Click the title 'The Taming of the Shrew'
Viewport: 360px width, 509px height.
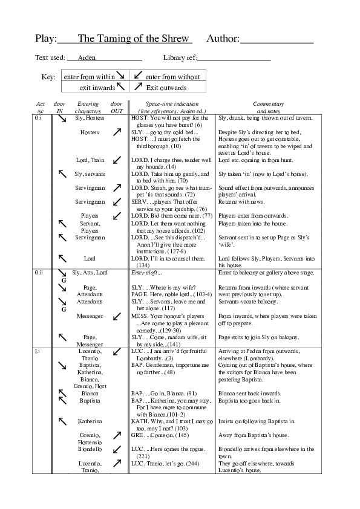point(134,39)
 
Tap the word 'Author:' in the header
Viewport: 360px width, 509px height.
point(223,39)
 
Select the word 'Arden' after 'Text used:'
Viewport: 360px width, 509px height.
point(87,58)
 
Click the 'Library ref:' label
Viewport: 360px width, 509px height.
point(179,58)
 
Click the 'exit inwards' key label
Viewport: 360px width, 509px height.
point(97,88)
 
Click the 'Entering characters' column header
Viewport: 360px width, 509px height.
point(88,108)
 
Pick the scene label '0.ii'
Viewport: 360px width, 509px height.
point(39,273)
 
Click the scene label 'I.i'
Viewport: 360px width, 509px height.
point(38,351)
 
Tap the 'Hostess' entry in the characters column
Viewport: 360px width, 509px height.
point(90,132)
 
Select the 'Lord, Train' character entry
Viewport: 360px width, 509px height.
point(90,160)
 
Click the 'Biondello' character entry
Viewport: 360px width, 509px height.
point(90,449)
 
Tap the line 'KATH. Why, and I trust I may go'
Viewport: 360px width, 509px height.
point(171,421)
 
